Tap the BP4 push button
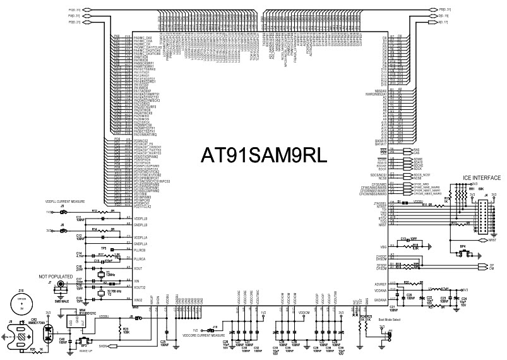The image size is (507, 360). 463,252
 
